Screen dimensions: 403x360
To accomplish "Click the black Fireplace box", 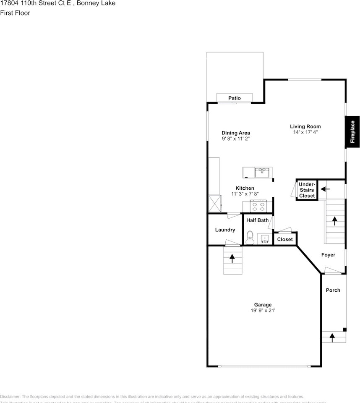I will [x=352, y=132].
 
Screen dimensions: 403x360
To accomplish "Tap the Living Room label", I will [x=305, y=126].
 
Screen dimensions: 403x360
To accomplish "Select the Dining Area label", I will [x=236, y=133].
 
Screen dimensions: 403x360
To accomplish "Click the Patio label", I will [x=235, y=98].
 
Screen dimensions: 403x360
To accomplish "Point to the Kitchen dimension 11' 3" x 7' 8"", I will [x=245, y=194].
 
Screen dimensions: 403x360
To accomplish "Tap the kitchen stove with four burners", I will [x=258, y=207].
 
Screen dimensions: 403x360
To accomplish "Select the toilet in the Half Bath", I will [x=250, y=238].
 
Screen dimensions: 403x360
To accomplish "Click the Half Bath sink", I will [x=265, y=239].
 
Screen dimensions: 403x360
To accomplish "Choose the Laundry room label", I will [x=225, y=230].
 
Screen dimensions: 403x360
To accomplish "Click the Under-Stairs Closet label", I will [x=307, y=190].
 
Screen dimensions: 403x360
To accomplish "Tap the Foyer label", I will [x=328, y=255].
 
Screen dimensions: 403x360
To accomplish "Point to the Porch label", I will [x=333, y=290].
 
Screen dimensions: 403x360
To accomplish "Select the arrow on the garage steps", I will [x=232, y=259].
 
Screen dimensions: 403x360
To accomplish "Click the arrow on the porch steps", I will [x=332, y=337].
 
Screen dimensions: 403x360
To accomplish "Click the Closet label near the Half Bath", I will [x=285, y=239].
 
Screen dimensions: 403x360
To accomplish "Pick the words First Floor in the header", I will [x=15, y=13].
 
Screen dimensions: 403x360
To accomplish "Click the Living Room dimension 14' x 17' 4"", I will [x=305, y=132].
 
